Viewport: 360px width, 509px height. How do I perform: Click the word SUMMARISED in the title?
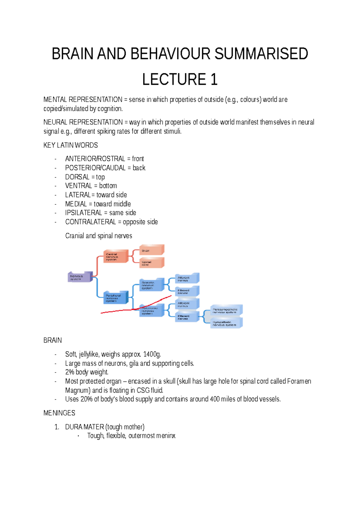tap(261, 54)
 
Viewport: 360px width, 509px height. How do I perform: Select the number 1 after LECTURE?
tap(214, 80)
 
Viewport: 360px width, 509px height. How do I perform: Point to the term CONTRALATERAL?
tap(90, 222)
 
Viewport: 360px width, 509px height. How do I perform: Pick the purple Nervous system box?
tap(79, 277)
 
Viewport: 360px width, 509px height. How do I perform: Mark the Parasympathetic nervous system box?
tap(226, 310)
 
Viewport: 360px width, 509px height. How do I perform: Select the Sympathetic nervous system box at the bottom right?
tap(226, 323)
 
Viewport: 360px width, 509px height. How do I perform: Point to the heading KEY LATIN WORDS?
tap(70, 145)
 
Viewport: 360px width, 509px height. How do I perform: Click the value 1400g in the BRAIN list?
tap(152, 354)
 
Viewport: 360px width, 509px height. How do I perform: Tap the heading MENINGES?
tap(59, 413)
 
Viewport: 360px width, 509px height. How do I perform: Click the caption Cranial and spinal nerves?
tap(98, 236)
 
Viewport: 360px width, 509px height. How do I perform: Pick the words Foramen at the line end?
tap(299, 381)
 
